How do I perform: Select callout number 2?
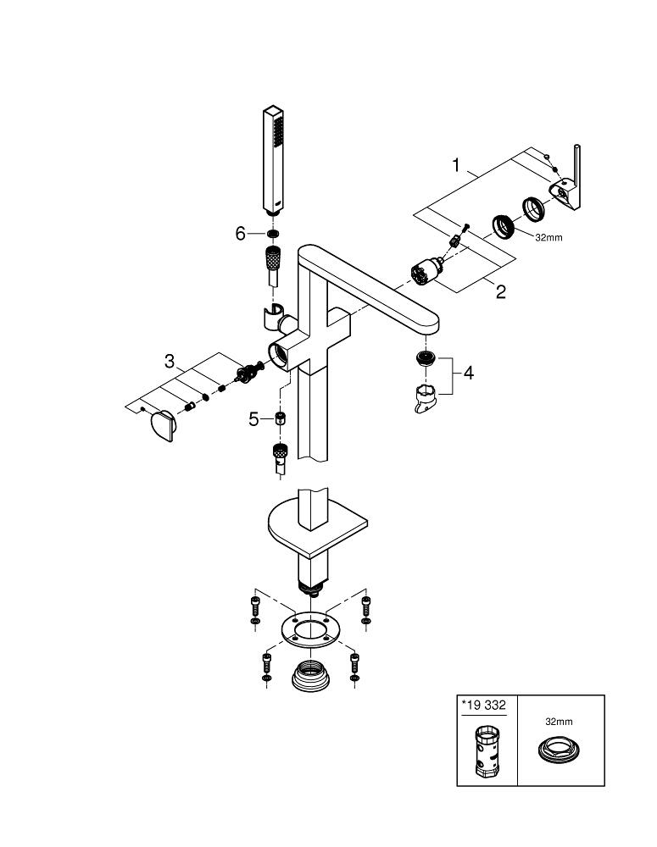[x=500, y=292]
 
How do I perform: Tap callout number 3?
[x=170, y=362]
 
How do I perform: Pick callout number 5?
[x=253, y=418]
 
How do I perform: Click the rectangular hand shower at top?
[x=273, y=161]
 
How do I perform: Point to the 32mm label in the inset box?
[x=559, y=722]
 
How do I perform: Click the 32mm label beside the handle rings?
[x=548, y=238]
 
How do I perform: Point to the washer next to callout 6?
[x=272, y=234]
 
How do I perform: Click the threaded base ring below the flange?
[x=310, y=676]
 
